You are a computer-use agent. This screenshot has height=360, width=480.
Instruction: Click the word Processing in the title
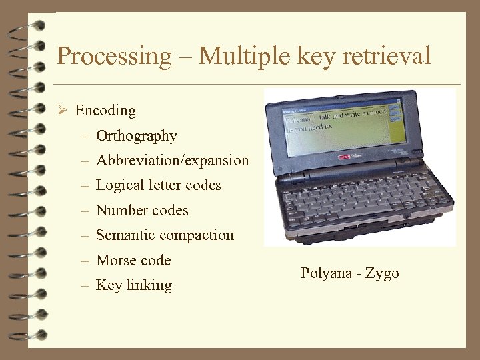click(x=114, y=56)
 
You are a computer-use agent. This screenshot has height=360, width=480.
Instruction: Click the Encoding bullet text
click(x=105, y=111)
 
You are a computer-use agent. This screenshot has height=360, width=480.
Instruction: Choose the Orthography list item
click(x=137, y=136)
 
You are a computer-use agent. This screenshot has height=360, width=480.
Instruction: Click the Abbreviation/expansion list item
click(x=173, y=161)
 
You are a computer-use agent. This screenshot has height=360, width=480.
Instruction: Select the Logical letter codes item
click(x=159, y=185)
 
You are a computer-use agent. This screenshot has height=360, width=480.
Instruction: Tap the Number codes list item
click(x=142, y=211)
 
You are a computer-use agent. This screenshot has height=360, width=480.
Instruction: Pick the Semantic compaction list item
click(x=165, y=235)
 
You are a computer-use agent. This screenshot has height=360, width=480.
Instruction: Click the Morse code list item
click(x=133, y=261)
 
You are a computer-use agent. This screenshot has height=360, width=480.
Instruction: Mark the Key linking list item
click(x=134, y=285)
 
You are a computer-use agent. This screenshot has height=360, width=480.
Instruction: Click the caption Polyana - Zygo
click(x=349, y=273)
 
